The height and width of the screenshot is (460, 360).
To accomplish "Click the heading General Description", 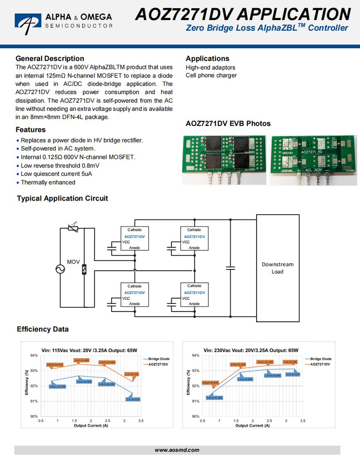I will click(x=49, y=59).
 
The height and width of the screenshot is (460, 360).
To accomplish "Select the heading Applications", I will click(x=207, y=59).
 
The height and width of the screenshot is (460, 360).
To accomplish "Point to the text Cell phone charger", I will click(x=211, y=76).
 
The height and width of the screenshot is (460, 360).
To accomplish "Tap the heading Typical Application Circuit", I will click(x=62, y=198).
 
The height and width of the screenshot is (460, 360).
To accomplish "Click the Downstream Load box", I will click(x=277, y=267).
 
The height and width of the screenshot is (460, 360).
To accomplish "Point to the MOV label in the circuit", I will click(x=73, y=262).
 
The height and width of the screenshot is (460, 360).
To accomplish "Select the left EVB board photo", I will click(x=224, y=160).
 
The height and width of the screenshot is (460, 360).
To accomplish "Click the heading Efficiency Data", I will click(x=43, y=329).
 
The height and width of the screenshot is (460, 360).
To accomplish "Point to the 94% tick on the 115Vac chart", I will click(x=34, y=355).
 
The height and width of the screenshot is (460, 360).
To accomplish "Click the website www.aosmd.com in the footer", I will click(x=177, y=450).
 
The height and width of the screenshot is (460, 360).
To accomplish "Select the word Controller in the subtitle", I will click(x=329, y=28).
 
